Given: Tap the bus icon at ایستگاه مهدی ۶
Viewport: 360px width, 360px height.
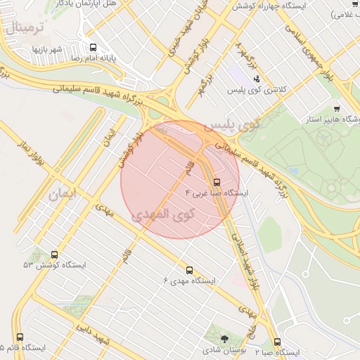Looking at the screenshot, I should [x=188, y=270].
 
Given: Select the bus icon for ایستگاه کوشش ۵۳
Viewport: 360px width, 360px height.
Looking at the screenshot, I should [x=55, y=255].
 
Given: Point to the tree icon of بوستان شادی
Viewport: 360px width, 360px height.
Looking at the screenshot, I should [x=224, y=339].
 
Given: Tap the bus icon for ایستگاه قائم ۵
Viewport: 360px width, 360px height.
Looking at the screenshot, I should [x=20, y=337].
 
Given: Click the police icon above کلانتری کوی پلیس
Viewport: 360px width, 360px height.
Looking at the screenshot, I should [x=257, y=79].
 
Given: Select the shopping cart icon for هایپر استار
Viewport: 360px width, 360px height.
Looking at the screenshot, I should [x=337, y=108].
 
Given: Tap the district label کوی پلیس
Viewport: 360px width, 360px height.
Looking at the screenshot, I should [x=232, y=125].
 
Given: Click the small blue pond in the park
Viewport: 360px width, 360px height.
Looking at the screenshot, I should [x=293, y=170].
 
